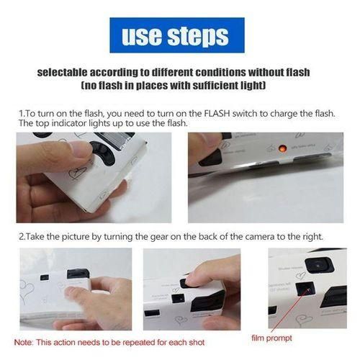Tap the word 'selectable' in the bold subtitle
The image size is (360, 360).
tap(62, 72)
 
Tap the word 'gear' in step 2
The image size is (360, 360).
tap(159, 237)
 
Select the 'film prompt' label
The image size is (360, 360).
tap(271, 338)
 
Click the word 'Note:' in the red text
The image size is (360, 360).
tap(23, 342)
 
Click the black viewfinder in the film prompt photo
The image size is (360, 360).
tap(319, 265)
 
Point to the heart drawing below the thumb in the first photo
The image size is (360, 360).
tap(77, 172)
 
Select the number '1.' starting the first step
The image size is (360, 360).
tap(22, 114)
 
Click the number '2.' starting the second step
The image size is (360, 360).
tap(22, 237)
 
